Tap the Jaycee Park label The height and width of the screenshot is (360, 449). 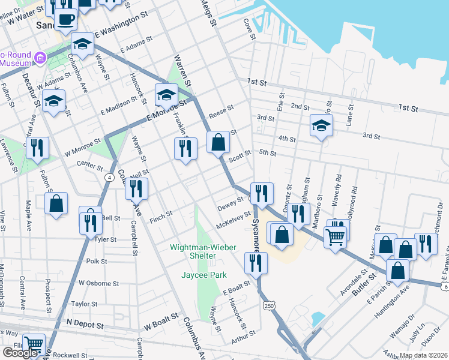tap(204, 275)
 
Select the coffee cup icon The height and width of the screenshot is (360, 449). tap(65, 18)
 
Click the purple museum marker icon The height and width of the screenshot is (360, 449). tap(41, 58)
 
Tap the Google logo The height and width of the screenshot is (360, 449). tap(20, 353)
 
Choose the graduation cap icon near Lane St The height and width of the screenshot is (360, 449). tap(321, 126)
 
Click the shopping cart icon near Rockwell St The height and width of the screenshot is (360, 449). tap(34, 344)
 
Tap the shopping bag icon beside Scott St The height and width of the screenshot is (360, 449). tap(218, 142)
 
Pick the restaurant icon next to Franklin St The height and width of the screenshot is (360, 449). tap(185, 148)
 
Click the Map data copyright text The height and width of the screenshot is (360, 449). tap(423, 355)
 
